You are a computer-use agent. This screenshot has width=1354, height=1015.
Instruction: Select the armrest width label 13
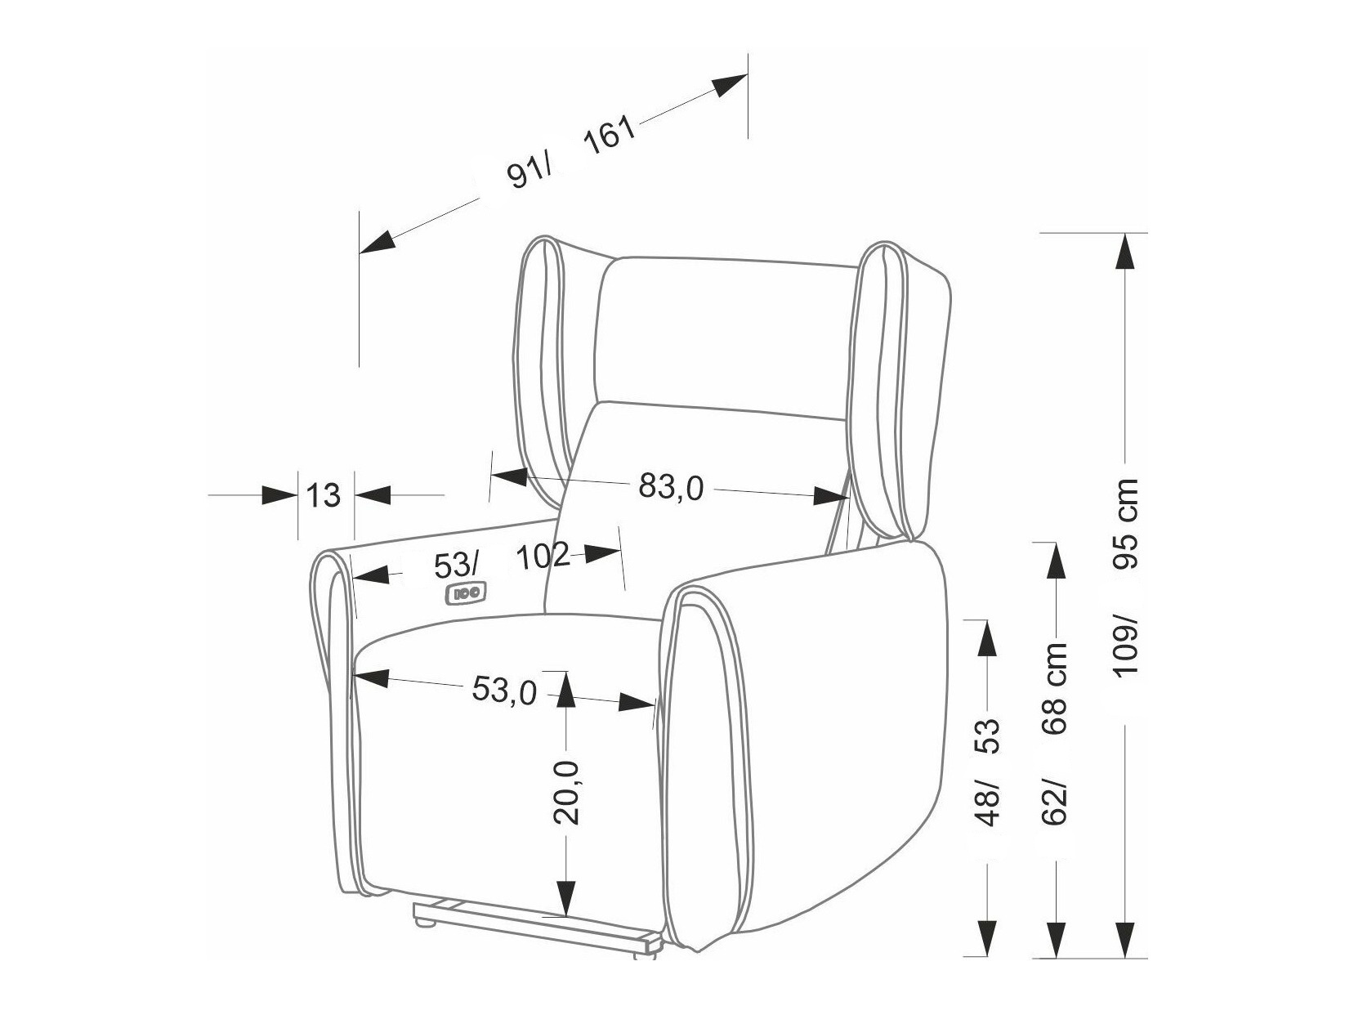click(324, 495)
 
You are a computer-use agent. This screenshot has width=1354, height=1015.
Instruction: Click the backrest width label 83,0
click(670, 488)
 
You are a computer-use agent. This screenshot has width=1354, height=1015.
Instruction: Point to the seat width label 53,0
click(503, 691)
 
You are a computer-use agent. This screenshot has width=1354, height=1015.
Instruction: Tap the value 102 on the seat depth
click(543, 557)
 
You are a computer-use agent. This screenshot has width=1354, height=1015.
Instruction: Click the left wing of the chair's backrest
click(543, 368)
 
